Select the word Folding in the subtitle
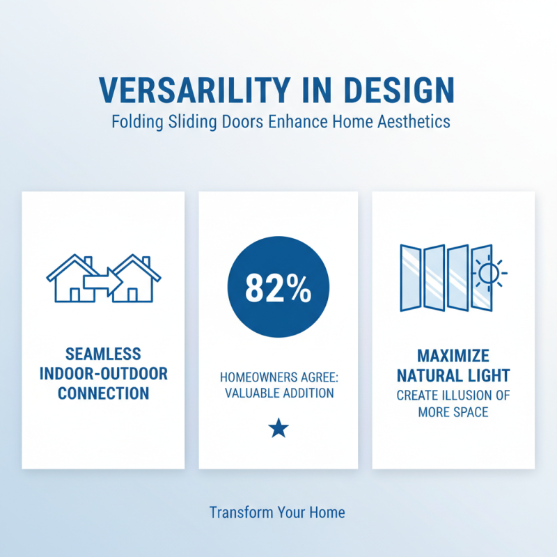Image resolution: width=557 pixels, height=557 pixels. pyautogui.click(x=136, y=122)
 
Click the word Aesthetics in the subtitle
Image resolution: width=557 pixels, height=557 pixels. pyautogui.click(x=414, y=122)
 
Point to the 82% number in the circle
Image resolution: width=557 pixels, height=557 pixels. pyautogui.click(x=278, y=289)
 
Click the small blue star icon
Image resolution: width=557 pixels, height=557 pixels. pyautogui.click(x=278, y=428)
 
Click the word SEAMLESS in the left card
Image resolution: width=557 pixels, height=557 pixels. pyautogui.click(x=104, y=354)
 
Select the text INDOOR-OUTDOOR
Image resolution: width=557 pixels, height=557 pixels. pyautogui.click(x=104, y=374)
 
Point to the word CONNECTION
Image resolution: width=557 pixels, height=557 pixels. pyautogui.click(x=104, y=393)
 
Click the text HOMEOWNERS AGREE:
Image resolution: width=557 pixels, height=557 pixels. pyautogui.click(x=278, y=377)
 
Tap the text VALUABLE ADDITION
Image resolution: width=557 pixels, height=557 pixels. pyautogui.click(x=278, y=393)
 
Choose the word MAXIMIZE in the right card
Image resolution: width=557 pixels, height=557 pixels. pyautogui.click(x=453, y=356)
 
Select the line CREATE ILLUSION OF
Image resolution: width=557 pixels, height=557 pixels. pyautogui.click(x=453, y=395)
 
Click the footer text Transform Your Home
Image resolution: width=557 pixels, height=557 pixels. pyautogui.click(x=277, y=512)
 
